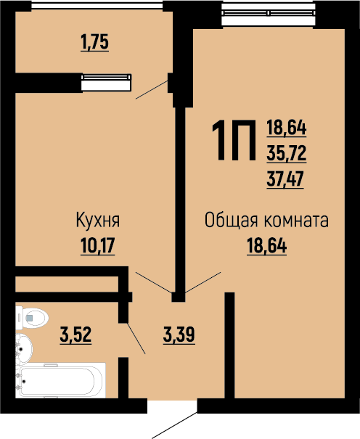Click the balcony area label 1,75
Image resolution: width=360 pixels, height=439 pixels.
(94, 43)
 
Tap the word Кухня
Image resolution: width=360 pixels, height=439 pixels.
(97, 220)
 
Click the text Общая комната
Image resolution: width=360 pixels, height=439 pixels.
(266, 220)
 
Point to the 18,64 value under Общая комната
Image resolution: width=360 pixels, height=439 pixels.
(266, 246)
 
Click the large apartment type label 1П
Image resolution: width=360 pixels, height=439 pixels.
(232, 141)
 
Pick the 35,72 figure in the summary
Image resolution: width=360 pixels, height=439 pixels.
(287, 152)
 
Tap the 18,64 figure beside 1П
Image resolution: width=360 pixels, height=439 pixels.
(287, 129)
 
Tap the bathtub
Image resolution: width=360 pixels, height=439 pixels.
(62, 380)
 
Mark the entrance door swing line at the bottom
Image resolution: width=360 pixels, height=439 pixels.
(174, 424)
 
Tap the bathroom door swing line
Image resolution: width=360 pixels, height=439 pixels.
(136, 337)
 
